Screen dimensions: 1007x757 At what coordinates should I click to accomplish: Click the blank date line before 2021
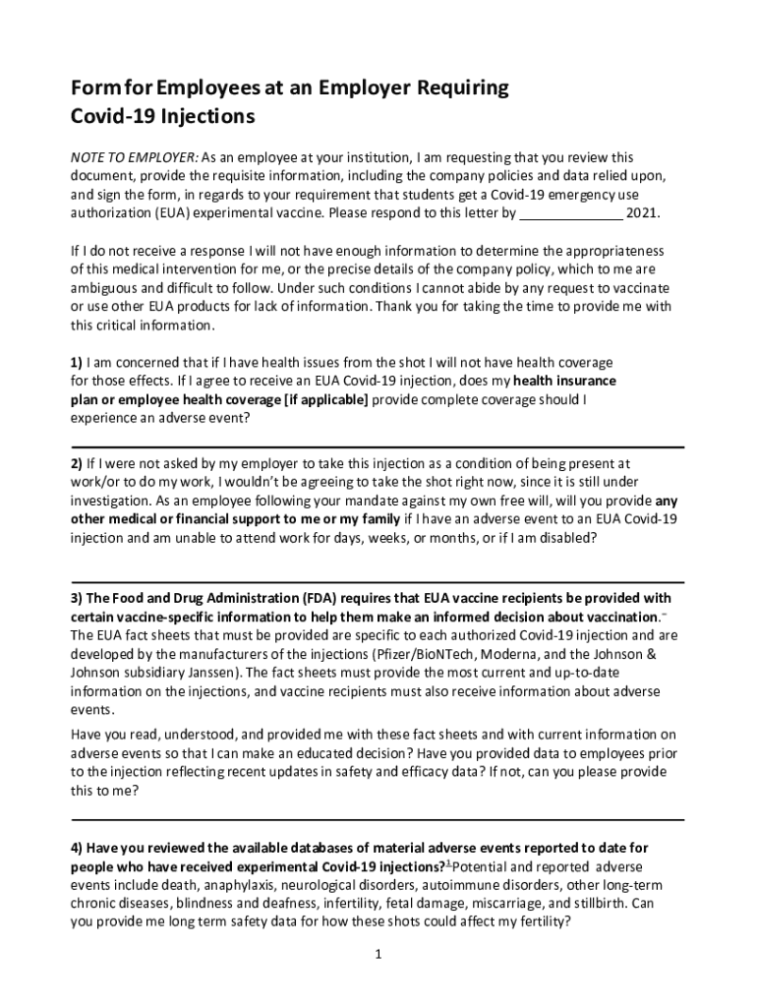click(x=570, y=212)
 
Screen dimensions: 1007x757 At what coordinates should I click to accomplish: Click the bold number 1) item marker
click(x=76, y=362)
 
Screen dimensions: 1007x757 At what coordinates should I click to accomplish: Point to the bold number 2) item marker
click(x=76, y=462)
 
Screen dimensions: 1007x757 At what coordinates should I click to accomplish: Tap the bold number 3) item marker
click(x=76, y=598)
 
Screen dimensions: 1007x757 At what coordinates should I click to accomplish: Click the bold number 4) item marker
click(x=76, y=848)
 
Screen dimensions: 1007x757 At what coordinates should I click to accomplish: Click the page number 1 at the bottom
click(x=378, y=954)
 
